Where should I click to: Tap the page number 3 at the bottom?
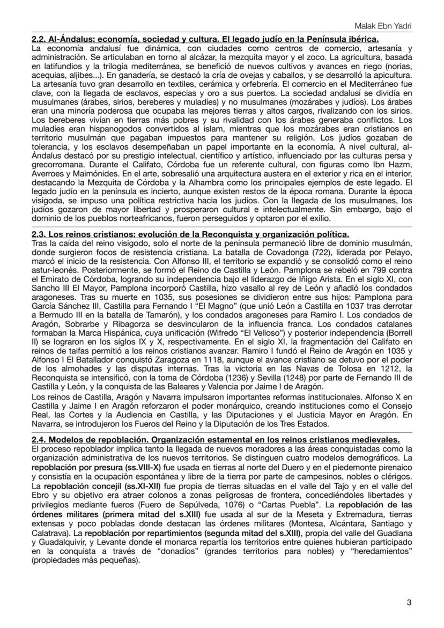(409, 602)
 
